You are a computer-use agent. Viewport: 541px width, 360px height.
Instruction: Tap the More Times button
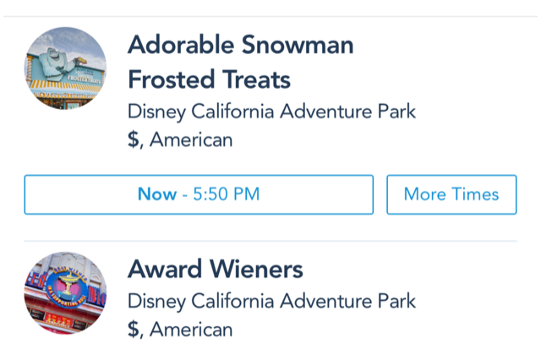coord(451,194)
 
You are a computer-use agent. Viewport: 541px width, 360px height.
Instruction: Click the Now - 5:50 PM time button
coord(199,194)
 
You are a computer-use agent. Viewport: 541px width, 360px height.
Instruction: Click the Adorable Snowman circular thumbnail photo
coord(65,68)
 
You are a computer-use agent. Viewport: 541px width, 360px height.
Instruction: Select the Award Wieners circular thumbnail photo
coord(65,292)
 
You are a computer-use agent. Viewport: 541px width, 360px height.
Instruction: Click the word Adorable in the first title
coord(181,45)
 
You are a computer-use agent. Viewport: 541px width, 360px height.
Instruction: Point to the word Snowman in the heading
coord(298,45)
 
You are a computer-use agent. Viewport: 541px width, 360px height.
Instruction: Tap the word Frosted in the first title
coord(172,79)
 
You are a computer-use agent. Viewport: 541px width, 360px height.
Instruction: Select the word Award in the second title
coord(165,269)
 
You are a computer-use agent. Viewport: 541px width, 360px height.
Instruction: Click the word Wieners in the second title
coord(256,269)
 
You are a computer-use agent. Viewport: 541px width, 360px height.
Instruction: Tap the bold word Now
coord(157,194)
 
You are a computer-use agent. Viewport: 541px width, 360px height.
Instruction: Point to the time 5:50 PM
coord(227,194)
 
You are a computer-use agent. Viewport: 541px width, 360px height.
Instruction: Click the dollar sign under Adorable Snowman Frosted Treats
coord(134,139)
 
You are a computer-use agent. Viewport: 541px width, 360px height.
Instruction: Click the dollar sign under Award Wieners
coord(134,330)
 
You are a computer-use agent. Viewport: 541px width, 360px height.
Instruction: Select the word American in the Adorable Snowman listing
coord(191,139)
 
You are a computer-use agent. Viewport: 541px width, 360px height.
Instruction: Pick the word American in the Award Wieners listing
coord(191,330)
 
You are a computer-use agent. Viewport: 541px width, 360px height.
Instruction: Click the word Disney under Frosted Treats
coord(156,112)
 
